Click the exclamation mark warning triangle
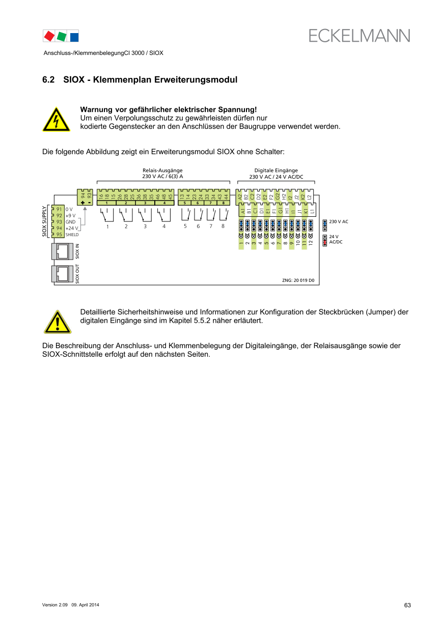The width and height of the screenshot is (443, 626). [57, 322]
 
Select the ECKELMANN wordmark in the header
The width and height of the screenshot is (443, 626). [359, 36]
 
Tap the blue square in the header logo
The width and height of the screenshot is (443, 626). [74, 37]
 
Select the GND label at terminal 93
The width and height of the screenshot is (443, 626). [70, 222]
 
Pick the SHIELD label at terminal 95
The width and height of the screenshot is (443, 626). [72, 235]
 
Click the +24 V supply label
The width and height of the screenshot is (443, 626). [72, 229]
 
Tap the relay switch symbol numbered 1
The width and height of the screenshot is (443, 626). [107, 216]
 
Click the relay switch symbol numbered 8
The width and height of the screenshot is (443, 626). [223, 216]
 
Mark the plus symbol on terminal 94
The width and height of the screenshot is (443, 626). [82, 203]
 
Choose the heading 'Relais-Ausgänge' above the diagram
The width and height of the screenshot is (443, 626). [162, 170]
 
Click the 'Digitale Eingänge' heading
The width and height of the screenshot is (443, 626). [276, 170]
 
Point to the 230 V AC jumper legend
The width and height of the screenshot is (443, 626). [339, 222]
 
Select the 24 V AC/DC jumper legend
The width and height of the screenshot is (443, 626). [336, 239]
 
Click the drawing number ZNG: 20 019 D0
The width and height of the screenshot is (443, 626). [298, 280]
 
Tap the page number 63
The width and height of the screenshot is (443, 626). [407, 605]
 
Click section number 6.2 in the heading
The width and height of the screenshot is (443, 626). [48, 80]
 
